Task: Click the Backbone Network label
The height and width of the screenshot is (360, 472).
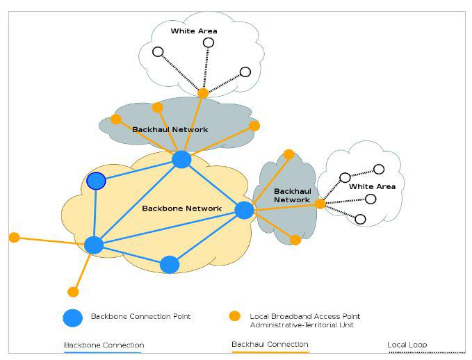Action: coord(181,208)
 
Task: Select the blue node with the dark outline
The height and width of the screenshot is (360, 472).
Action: coord(96,181)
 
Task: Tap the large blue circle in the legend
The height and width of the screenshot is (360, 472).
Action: coord(73,318)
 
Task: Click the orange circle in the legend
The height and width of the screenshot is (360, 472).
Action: coord(235,316)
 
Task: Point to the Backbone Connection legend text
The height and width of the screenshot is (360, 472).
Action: coord(104,345)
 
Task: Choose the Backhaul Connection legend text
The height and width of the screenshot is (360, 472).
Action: coord(270,345)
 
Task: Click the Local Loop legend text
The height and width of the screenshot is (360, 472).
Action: coord(407,345)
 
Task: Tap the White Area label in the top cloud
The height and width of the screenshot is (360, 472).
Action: coord(194,31)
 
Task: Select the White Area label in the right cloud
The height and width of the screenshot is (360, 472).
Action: coord(372,187)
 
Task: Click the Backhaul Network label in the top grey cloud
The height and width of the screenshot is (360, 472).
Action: coord(170,129)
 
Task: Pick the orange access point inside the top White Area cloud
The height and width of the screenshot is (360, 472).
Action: coord(202,92)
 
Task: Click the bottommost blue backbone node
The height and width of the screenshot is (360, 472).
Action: coord(170,265)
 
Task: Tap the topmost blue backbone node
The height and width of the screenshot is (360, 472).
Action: coord(181,160)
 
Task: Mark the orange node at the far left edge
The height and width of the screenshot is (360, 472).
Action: coord(14,238)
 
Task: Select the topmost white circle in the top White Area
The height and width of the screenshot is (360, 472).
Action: coord(208,42)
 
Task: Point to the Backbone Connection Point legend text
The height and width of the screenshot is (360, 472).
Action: coord(140,317)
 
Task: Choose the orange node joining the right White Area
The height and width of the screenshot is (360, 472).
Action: coord(320,204)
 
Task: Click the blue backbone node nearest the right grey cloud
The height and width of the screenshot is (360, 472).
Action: coord(244,210)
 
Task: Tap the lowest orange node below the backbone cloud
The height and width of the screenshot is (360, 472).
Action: coord(73,292)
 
